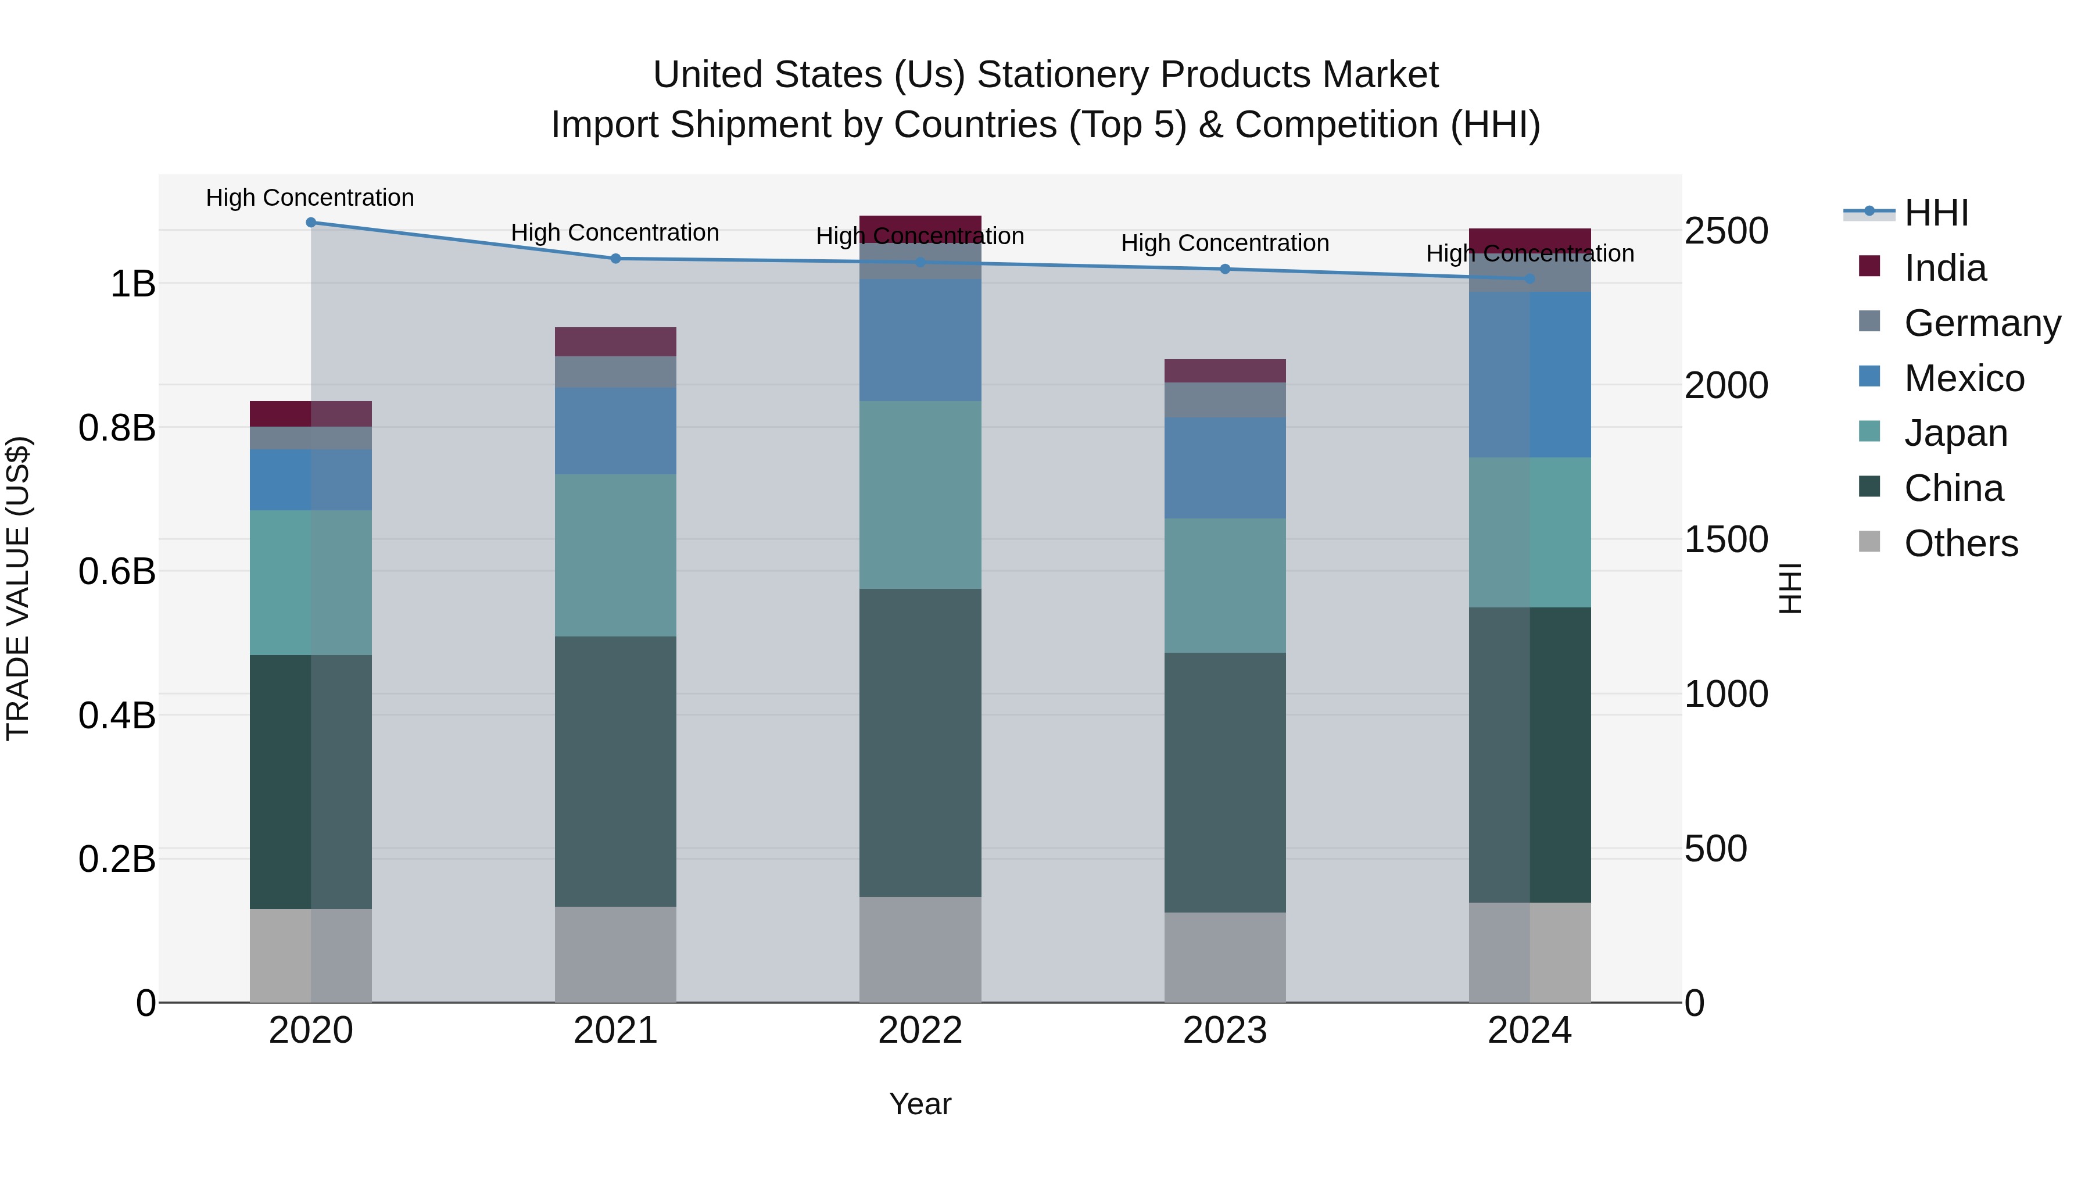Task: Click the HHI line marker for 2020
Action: tap(311, 223)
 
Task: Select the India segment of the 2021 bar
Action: tap(615, 342)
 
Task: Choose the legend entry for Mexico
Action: tap(1963, 378)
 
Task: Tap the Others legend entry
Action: tap(1961, 543)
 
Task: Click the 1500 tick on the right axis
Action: tap(1726, 539)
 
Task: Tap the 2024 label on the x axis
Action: tap(1529, 1031)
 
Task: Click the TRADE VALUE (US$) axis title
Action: tap(18, 588)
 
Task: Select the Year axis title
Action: tap(920, 1104)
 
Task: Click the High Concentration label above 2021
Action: tap(615, 233)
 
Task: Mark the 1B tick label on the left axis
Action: tap(132, 284)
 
